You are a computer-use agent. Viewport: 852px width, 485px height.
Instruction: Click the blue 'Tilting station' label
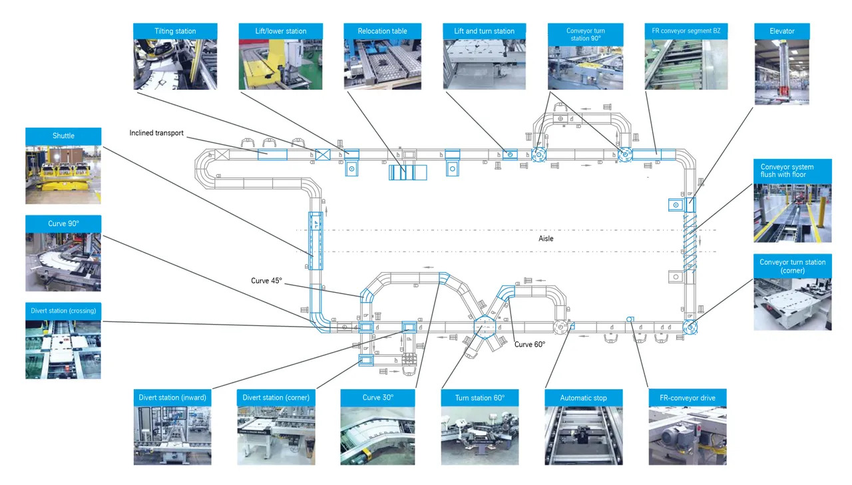(175, 31)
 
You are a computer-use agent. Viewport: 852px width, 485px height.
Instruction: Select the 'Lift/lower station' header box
(280, 31)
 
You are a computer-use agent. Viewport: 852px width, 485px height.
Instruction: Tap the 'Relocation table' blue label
(382, 31)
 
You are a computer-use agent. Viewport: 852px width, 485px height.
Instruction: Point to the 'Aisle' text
(546, 238)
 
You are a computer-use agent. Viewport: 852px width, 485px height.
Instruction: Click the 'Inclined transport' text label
(158, 133)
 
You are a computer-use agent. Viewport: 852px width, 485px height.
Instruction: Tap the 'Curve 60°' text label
(529, 344)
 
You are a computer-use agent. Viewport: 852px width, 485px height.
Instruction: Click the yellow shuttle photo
(63, 174)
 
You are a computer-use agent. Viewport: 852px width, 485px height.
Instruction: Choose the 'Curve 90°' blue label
(63, 223)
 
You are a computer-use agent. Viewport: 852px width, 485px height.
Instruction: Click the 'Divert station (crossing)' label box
(63, 311)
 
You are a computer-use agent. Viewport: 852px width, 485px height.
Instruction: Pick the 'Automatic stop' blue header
(583, 398)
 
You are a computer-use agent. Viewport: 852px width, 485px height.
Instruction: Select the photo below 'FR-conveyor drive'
(688, 436)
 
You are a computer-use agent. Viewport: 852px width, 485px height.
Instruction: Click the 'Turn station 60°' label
(479, 398)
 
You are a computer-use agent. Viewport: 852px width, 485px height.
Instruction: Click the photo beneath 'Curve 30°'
(378, 436)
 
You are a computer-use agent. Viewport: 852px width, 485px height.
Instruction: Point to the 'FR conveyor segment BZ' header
(686, 31)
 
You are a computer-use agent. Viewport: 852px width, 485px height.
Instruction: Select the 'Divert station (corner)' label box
(275, 398)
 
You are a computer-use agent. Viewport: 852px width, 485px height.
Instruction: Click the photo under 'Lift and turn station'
(485, 65)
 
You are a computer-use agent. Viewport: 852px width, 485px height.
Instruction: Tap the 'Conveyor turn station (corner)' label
(792, 266)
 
